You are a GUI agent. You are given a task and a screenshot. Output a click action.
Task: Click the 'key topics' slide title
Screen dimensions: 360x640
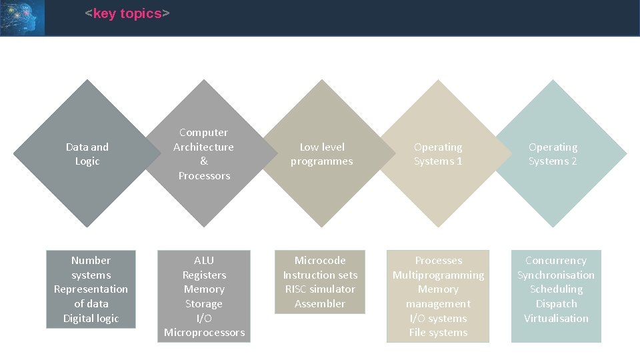127,14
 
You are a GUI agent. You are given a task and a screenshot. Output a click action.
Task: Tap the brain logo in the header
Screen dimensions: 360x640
22,17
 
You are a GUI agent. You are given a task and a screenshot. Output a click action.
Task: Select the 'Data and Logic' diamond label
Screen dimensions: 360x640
87,154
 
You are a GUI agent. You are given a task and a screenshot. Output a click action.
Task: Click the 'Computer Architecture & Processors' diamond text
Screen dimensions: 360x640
204,154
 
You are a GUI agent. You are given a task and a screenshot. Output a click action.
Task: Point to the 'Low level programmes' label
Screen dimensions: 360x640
322,154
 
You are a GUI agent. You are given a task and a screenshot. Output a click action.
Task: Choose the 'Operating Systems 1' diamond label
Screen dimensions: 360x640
438,154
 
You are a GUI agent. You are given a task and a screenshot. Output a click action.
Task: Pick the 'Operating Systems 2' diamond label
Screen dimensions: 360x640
553,154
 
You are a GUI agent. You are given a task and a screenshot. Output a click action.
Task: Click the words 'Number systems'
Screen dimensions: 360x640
91,267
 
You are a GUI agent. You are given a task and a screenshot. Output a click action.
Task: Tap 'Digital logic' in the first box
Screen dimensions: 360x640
91,318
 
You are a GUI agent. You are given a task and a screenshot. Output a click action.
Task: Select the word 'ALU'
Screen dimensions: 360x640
204,260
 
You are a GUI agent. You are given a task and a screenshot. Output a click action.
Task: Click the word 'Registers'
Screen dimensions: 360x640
204,275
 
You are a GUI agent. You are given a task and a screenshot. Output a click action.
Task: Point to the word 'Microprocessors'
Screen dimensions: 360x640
204,332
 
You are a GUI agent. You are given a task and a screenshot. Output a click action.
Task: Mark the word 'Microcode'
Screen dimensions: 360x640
320,260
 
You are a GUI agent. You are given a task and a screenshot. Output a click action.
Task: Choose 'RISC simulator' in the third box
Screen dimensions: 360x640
320,289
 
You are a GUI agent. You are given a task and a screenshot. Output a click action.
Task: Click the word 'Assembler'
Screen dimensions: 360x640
320,303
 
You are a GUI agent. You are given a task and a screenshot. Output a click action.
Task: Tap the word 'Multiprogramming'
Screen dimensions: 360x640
438,275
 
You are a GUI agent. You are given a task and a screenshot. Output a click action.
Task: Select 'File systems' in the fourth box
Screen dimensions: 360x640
438,332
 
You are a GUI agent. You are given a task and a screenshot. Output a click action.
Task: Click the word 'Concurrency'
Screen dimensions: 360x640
556,260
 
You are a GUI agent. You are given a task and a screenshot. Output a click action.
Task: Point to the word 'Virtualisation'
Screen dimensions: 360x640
556,318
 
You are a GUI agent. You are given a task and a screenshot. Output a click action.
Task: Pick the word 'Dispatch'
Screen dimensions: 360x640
556,303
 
